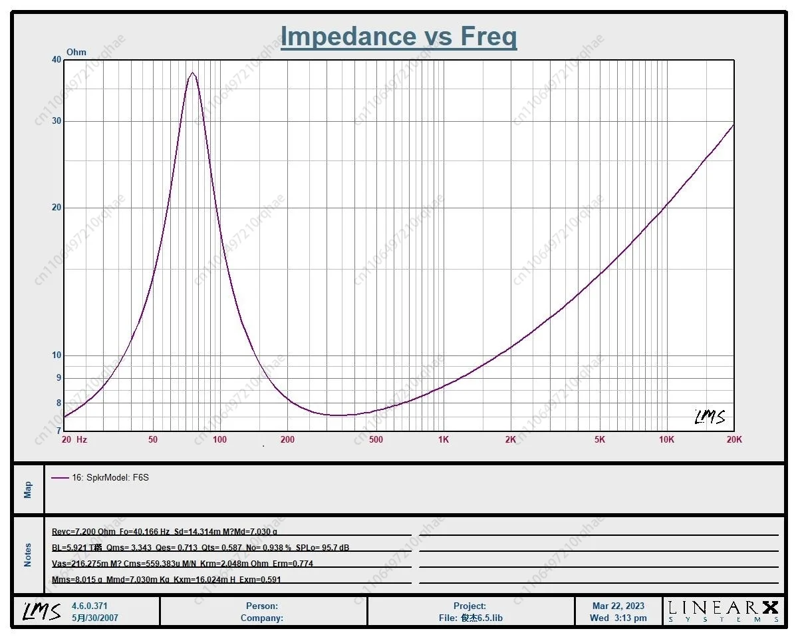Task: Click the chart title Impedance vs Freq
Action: [x=398, y=37]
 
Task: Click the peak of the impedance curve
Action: [x=192, y=73]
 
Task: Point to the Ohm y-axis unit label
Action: [x=76, y=53]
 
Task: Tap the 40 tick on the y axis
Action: [x=57, y=60]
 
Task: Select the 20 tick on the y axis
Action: [x=57, y=208]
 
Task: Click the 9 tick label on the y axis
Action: [x=58, y=377]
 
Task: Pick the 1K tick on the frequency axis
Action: [x=444, y=439]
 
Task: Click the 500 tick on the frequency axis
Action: [x=376, y=439]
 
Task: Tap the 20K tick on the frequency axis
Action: [x=734, y=439]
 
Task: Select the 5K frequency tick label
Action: [x=599, y=439]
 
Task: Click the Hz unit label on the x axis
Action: [x=82, y=439]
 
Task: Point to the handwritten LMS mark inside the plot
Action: [x=710, y=417]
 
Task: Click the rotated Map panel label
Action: [x=28, y=490]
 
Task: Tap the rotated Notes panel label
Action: [x=28, y=554]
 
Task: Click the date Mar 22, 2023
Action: [x=618, y=606]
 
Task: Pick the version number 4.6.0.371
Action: [x=89, y=606]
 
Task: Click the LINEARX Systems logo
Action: [x=723, y=610]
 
